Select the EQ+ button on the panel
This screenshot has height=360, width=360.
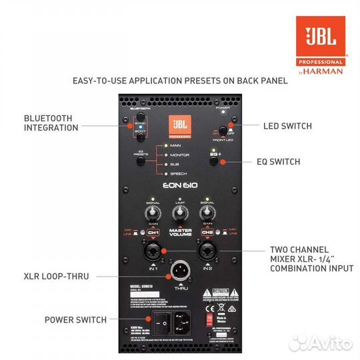coord(215,161)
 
